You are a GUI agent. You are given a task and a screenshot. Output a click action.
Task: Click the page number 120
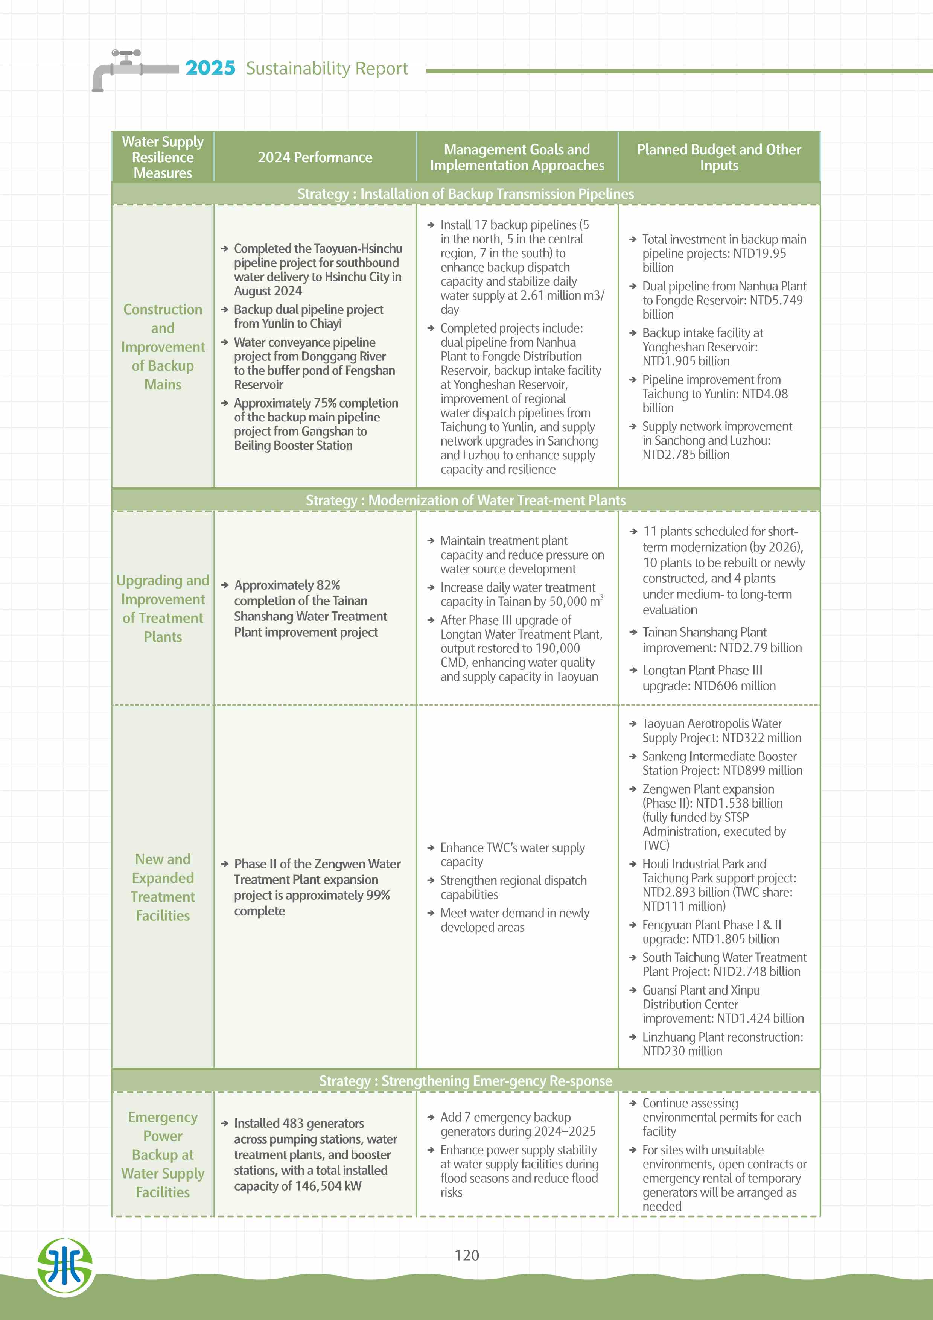click(466, 1255)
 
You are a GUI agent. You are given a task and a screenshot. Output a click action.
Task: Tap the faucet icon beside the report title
click(126, 68)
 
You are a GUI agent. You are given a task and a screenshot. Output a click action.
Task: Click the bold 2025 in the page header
click(210, 68)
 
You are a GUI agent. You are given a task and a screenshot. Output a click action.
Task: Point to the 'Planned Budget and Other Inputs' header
click(718, 157)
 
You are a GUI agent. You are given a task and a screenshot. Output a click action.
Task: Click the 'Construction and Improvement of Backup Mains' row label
click(163, 347)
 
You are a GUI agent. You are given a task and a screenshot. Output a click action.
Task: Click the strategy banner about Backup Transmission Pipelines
click(466, 194)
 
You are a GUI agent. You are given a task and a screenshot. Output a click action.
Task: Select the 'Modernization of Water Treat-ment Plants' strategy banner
click(466, 500)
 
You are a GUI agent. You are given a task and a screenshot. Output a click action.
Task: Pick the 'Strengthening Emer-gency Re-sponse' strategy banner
click(466, 1081)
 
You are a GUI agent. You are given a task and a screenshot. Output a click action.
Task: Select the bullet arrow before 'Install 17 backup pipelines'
click(431, 225)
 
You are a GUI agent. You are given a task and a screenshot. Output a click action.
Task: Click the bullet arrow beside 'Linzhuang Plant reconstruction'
click(632, 1037)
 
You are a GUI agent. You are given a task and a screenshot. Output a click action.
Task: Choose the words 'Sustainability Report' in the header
click(327, 68)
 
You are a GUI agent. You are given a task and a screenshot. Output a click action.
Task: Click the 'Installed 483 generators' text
click(299, 1123)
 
